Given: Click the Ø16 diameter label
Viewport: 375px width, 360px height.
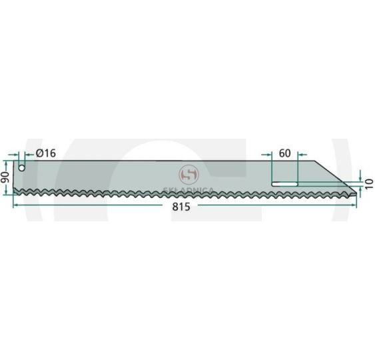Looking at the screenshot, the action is click(46, 153).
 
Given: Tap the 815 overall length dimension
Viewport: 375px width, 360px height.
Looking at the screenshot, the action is click(181, 207).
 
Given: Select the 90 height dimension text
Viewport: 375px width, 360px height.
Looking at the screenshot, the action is click(5, 177).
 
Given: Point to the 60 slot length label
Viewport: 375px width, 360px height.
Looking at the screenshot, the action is click(284, 153).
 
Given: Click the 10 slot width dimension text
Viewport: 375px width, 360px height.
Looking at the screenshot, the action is click(370, 183).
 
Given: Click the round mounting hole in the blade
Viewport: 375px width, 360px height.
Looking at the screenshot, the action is click(22, 168).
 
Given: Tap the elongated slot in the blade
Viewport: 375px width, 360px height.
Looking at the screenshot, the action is click(284, 184).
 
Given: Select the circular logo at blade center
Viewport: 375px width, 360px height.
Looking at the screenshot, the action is click(188, 175).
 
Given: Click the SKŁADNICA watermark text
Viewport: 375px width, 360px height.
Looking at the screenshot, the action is click(188, 190).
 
